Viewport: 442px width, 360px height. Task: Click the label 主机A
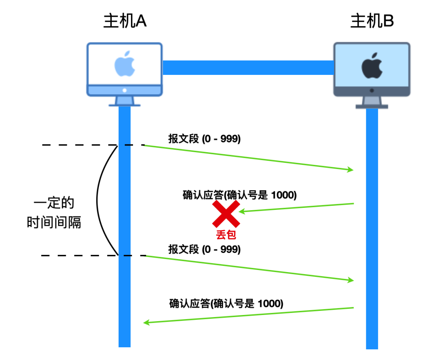point(125,21)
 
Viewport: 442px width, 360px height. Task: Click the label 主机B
point(372,21)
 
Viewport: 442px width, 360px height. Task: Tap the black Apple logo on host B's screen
point(372,66)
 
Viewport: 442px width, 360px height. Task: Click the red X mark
point(226,214)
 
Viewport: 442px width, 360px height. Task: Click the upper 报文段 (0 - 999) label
point(204,139)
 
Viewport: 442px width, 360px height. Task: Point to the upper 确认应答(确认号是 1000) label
point(239,195)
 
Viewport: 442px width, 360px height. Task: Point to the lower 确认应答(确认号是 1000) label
point(226,304)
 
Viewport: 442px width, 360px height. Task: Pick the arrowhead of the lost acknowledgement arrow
point(241,211)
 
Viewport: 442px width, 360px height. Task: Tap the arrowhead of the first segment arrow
point(350,169)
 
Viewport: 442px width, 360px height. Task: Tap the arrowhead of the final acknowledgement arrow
point(146,323)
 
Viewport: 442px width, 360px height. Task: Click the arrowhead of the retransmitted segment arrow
point(350,280)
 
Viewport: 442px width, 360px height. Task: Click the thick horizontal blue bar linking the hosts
point(248,67)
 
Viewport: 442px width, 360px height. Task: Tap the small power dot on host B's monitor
point(372,90)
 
